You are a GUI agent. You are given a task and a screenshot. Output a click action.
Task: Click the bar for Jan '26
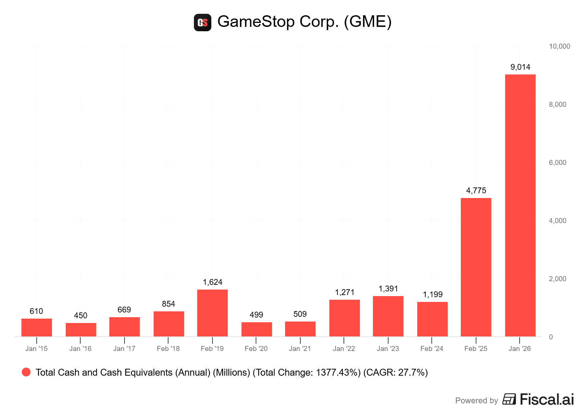[x=520, y=205]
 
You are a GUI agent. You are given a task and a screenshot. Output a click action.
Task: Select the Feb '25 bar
[x=476, y=267]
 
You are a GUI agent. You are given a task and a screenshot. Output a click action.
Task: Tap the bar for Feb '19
[x=212, y=313]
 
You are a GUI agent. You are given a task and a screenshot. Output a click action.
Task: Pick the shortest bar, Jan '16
[x=81, y=330]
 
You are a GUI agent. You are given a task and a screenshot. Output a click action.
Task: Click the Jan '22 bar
[x=344, y=318]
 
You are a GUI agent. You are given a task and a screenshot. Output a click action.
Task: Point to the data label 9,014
[x=520, y=67]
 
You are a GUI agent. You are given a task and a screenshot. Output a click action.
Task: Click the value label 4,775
[x=476, y=190]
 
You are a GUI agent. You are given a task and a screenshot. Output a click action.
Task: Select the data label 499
[x=256, y=315]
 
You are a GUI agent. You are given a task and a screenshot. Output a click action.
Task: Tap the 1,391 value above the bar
[x=388, y=288]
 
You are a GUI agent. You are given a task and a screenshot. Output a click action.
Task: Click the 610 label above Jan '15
[x=36, y=311]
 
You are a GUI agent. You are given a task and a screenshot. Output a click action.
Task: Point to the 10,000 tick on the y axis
[x=559, y=46]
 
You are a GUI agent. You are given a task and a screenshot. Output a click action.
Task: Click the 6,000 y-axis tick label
[x=557, y=162]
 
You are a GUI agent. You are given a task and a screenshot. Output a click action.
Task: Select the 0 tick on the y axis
[x=551, y=337]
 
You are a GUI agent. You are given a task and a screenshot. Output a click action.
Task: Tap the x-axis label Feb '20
[x=256, y=348]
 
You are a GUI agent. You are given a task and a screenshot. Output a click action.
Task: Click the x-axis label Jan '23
[x=388, y=348]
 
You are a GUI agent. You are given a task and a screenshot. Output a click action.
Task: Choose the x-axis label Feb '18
[x=168, y=348]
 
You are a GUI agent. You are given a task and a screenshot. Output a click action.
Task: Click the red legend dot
[x=26, y=372]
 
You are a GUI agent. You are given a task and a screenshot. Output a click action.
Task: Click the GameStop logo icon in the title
[x=203, y=23]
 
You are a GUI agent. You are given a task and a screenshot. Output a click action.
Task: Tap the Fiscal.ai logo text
[x=547, y=399]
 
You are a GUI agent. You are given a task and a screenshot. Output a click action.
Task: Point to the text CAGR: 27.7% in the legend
[x=395, y=372]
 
